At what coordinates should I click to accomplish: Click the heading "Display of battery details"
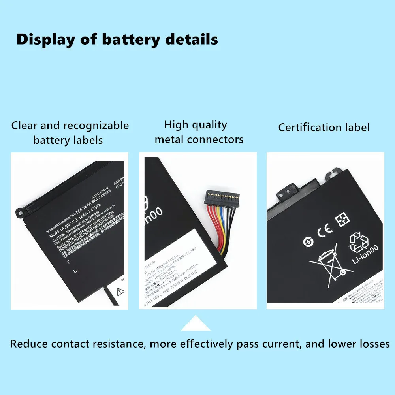pos(117,39)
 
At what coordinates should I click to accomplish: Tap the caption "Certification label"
pos(324,127)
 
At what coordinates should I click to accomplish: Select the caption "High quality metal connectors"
pos(199,132)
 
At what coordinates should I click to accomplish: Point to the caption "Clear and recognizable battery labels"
pos(70,133)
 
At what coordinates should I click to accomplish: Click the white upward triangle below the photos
pos(196,323)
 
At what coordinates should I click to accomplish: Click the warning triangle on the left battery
pos(120,292)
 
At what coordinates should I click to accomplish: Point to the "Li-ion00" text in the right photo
pos(365,255)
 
